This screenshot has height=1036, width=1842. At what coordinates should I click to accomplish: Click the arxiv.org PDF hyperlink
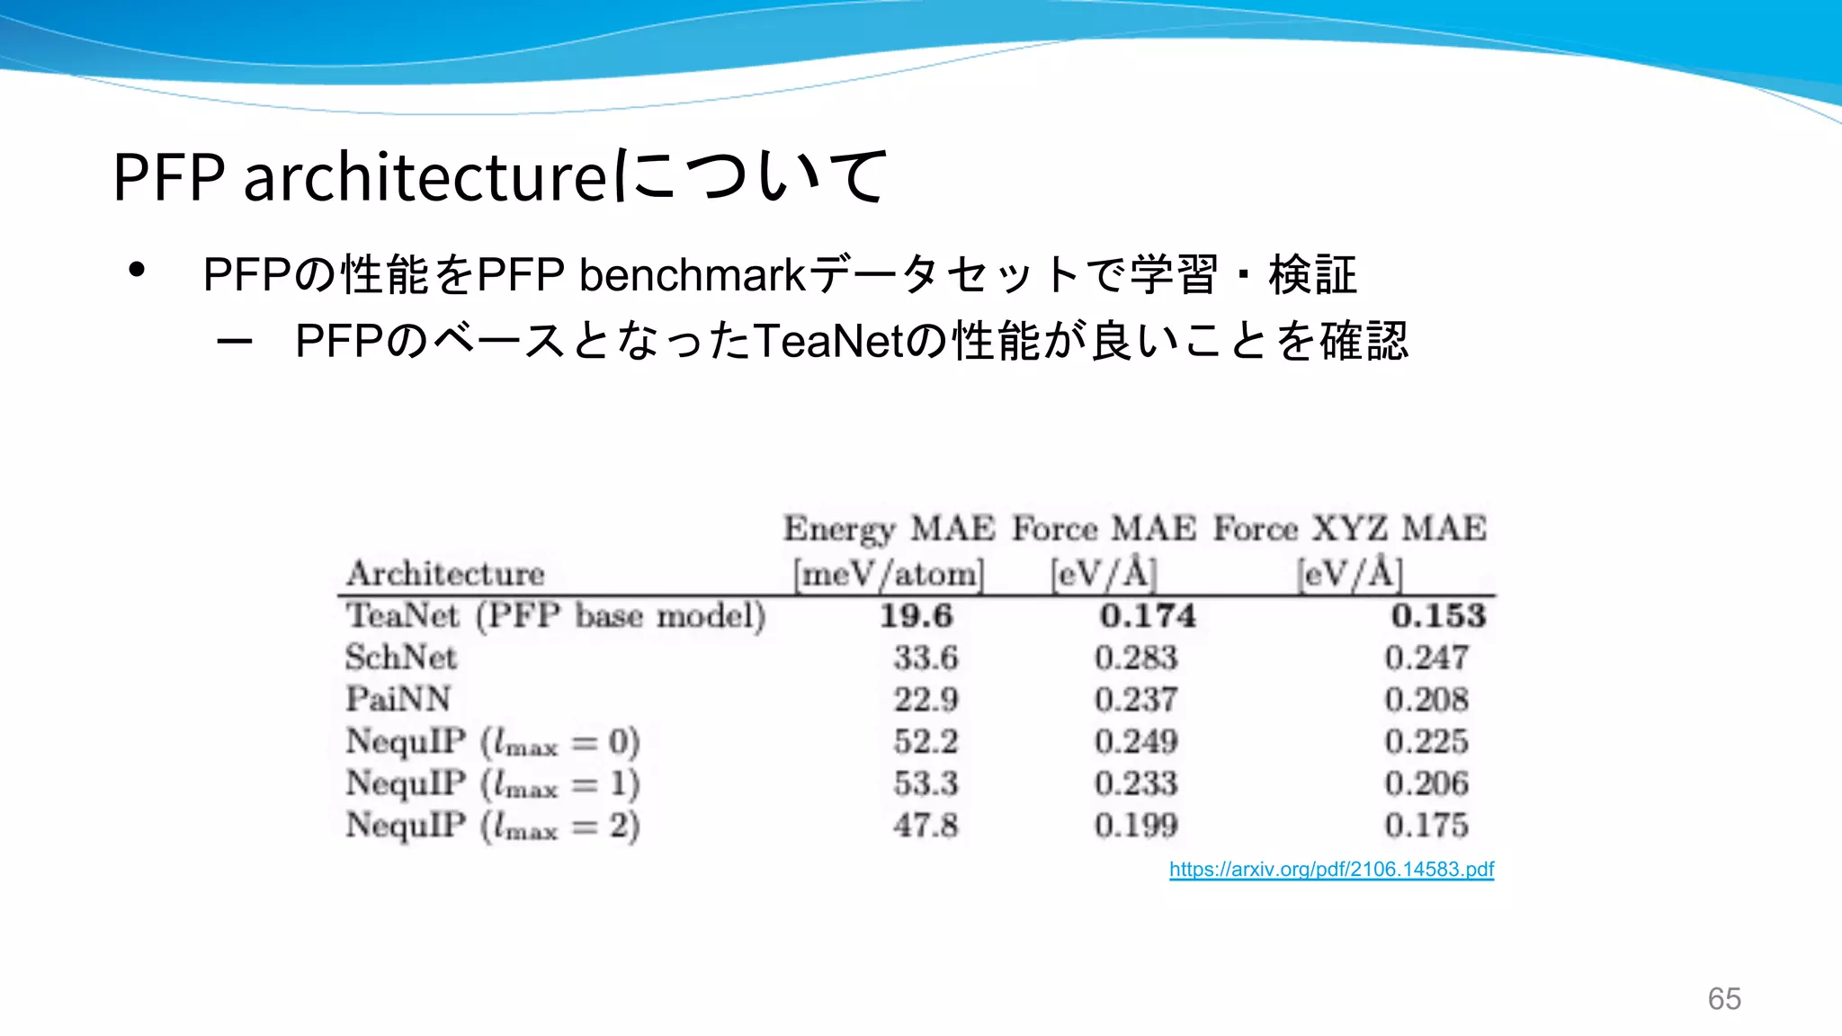1331,870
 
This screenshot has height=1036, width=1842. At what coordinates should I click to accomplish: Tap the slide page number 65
1724,998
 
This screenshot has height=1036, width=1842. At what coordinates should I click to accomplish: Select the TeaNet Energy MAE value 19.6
916,616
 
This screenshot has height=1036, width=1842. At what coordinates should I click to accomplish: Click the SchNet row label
401,657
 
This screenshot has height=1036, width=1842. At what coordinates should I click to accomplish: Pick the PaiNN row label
398,699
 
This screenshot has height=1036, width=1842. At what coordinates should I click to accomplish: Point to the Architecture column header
445,573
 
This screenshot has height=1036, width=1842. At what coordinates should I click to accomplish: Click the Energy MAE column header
889,528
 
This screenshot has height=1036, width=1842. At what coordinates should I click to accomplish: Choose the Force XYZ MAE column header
1349,528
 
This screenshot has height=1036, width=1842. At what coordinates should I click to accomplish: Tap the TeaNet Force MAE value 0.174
1148,616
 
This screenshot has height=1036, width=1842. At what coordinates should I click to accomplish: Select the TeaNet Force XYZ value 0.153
1438,616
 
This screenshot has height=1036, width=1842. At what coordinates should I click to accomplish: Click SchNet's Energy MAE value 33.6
925,657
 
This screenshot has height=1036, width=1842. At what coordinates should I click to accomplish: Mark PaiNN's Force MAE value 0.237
1136,699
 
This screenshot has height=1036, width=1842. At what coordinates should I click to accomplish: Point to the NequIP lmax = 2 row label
492,826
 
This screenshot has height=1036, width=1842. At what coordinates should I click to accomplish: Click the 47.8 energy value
925,825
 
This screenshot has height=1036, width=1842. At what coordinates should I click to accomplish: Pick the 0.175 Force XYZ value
1426,825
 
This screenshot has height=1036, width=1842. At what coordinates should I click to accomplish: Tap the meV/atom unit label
889,573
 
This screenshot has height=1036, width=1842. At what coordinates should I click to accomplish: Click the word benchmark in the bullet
693,274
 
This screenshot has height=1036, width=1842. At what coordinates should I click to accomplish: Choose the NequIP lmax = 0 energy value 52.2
925,741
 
